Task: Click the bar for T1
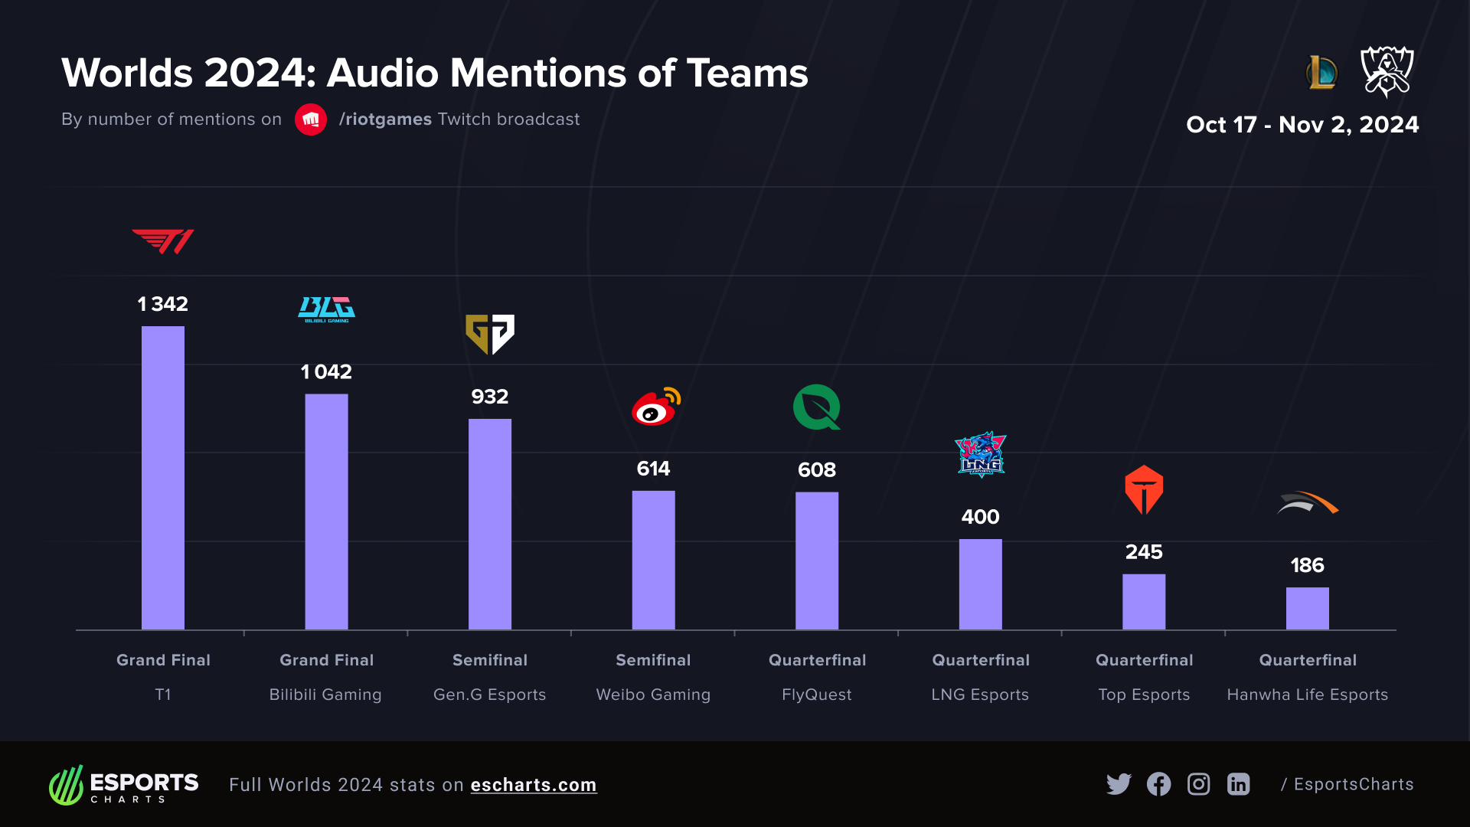(163, 478)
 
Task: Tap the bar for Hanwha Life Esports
(1307, 608)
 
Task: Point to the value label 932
(489, 397)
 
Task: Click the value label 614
(653, 469)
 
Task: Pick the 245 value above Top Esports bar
(1143, 552)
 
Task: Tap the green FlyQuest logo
(816, 407)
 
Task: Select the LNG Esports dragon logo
(980, 455)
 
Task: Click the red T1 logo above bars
(163, 241)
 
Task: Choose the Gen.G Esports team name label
(489, 695)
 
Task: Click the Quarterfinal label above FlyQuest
(817, 660)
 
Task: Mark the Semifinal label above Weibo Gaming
(653, 660)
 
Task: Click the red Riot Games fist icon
(311, 119)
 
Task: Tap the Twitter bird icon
(1119, 784)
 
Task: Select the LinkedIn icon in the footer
(1238, 784)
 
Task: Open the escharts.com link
(533, 785)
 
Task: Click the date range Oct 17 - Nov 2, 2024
(1302, 125)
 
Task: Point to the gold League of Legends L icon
(1321, 73)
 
